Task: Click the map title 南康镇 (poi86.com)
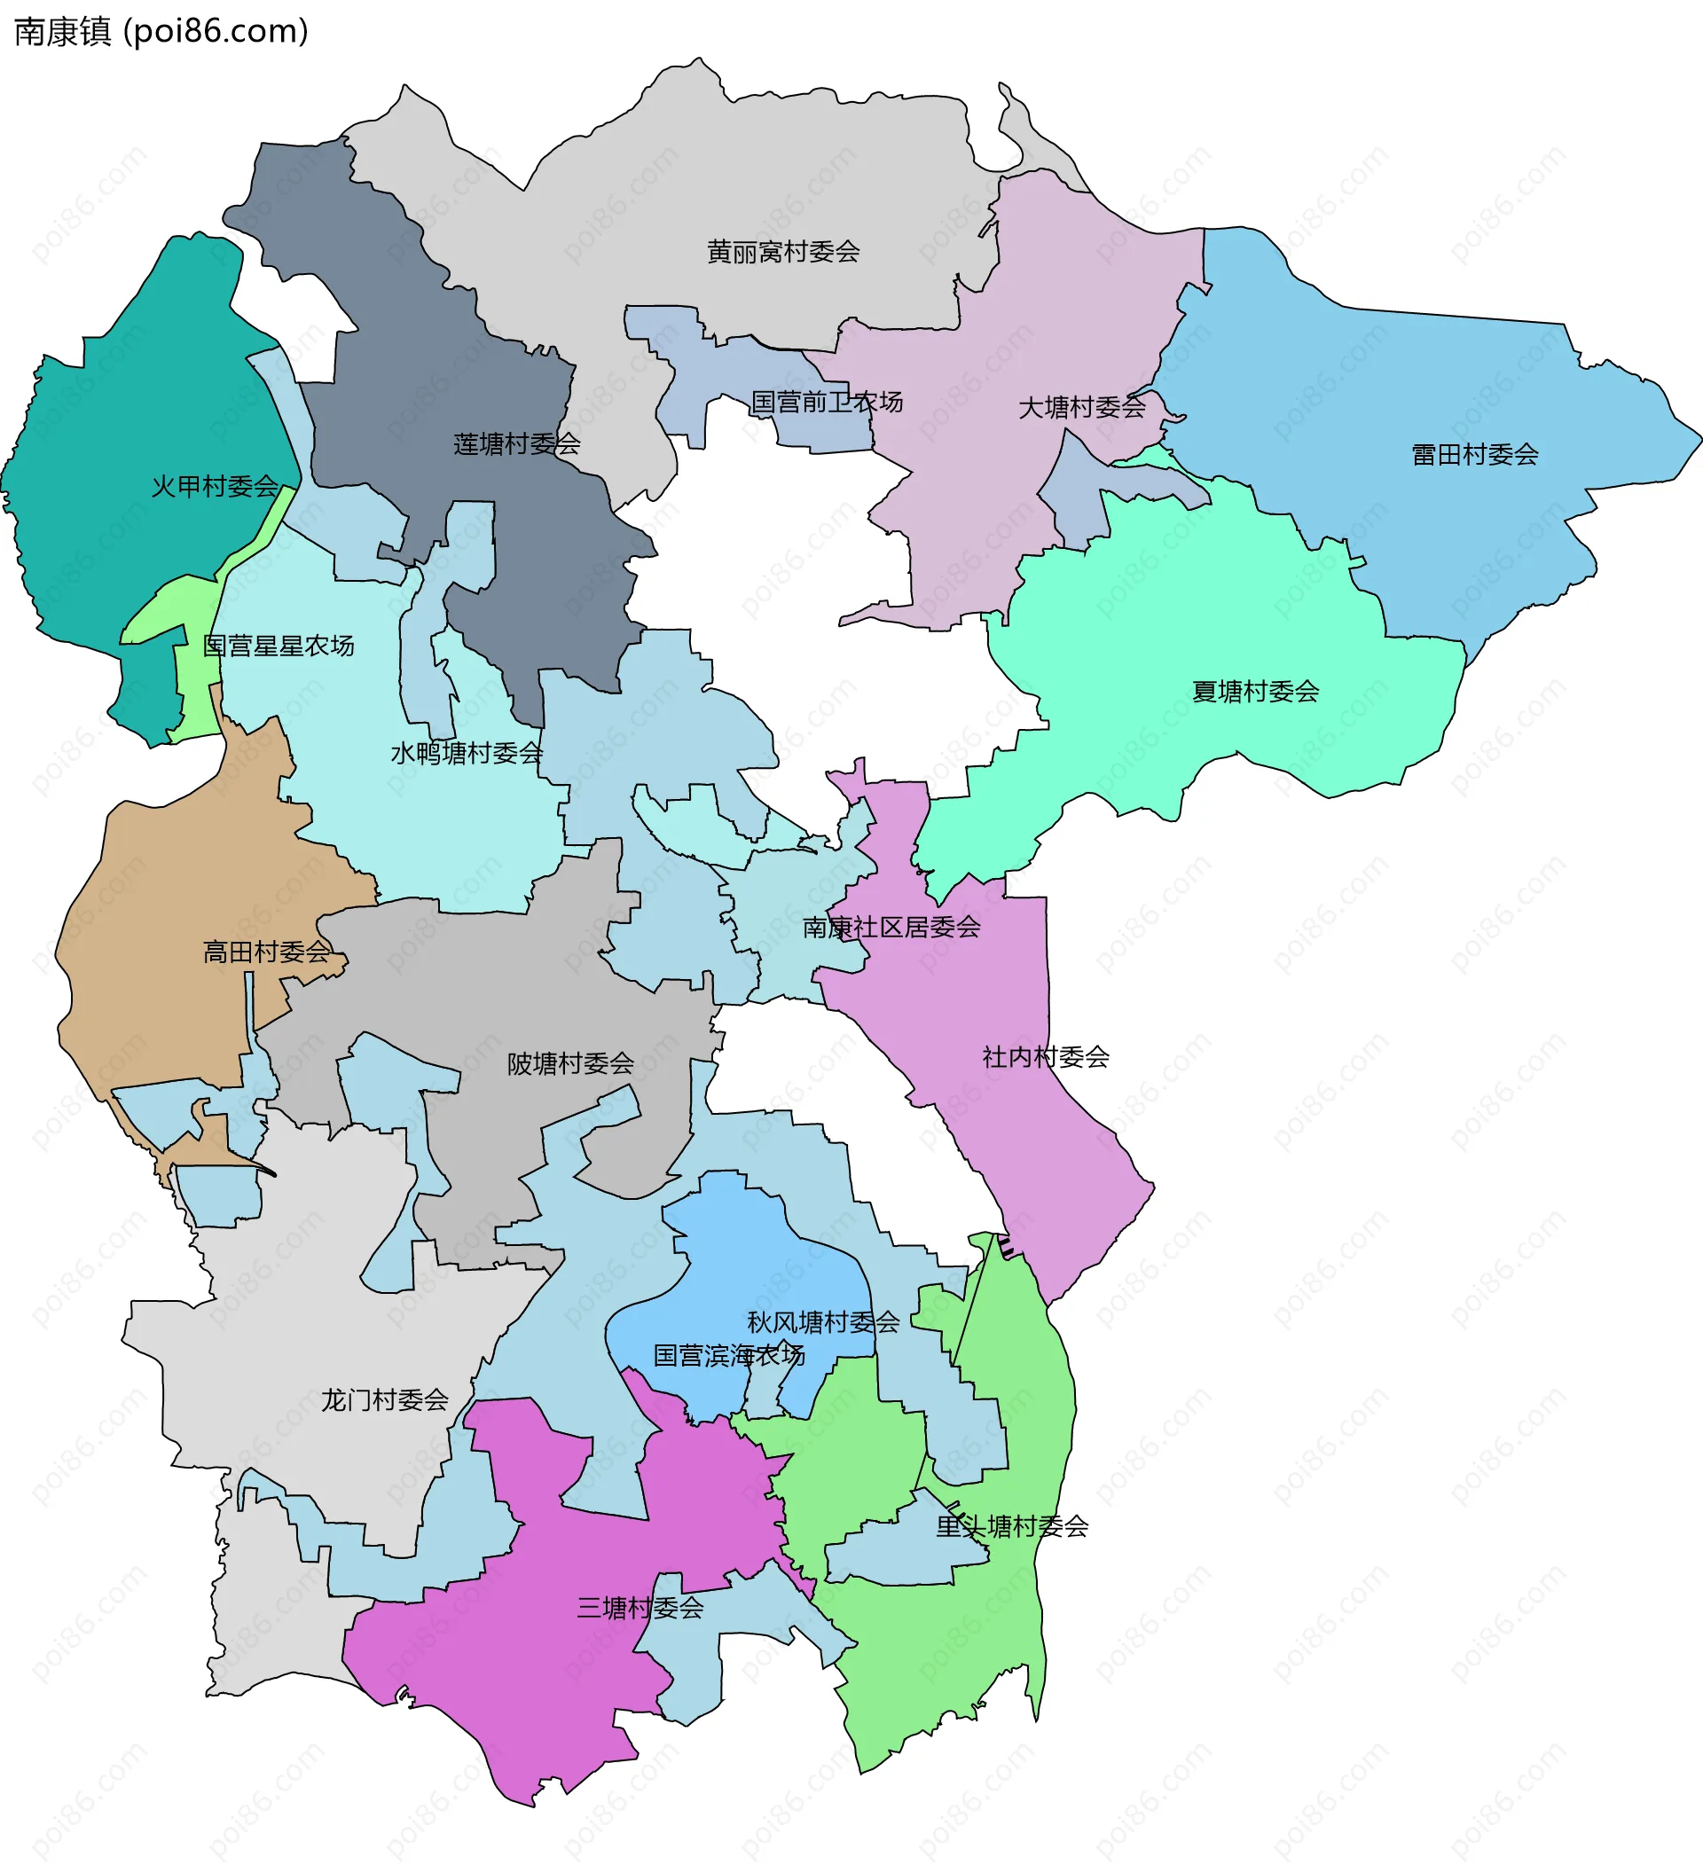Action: tap(161, 31)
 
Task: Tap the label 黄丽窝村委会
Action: tap(782, 252)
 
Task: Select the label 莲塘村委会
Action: tap(516, 444)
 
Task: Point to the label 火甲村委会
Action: tap(215, 486)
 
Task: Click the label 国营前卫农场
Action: tap(826, 402)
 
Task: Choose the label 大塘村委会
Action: tap(1081, 407)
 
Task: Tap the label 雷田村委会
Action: tap(1474, 454)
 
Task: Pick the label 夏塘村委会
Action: tap(1254, 691)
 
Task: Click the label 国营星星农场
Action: tap(279, 646)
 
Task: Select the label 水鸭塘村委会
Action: tap(467, 753)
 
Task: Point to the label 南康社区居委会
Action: tap(891, 927)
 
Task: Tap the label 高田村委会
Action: tap(265, 951)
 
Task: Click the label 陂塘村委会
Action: tap(569, 1064)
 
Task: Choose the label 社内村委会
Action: tap(1045, 1056)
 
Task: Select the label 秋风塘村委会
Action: tap(822, 1322)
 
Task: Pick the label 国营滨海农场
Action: tap(729, 1355)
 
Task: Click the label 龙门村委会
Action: tap(384, 1399)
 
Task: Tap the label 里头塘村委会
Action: tap(1011, 1526)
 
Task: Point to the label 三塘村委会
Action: tap(640, 1608)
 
